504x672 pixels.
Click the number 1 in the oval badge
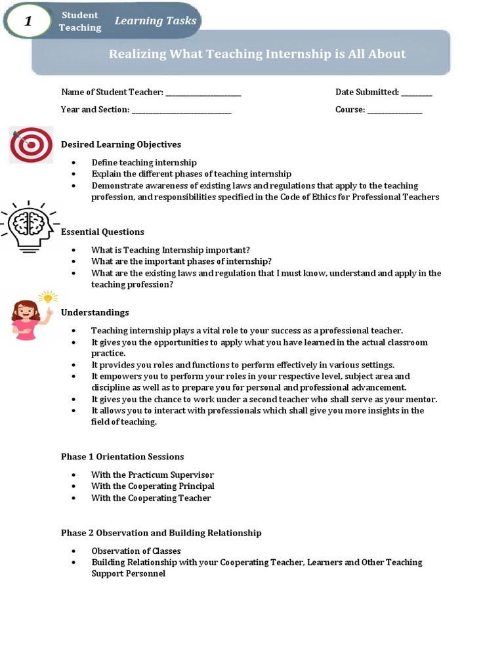coord(28,22)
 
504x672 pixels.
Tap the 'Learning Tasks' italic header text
coord(156,21)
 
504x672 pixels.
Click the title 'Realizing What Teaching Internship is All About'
coord(257,54)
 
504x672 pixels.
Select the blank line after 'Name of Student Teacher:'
coord(203,93)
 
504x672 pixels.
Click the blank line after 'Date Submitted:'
coord(416,93)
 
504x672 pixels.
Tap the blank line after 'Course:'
coord(394,110)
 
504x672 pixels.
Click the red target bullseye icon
coord(31,145)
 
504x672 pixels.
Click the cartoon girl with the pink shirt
coord(27,320)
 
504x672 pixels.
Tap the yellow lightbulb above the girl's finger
coord(48,297)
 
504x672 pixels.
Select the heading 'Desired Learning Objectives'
coord(121,144)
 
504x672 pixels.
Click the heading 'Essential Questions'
coord(102,232)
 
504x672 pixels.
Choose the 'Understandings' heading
coord(95,312)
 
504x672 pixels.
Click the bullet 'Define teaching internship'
coord(144,162)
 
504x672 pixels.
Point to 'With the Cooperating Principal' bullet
coord(152,486)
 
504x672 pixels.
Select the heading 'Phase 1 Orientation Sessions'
coord(122,457)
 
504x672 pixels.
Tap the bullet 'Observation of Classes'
coord(136,551)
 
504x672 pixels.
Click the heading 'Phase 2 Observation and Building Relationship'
coord(161,533)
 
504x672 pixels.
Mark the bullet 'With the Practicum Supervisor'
coord(152,474)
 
